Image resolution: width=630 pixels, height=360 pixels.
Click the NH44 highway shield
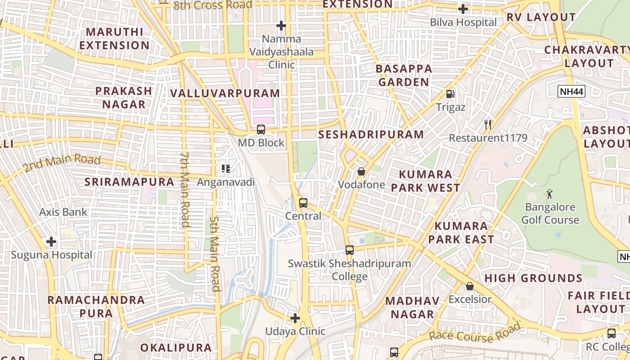click(x=571, y=92)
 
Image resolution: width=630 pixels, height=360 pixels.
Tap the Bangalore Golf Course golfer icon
click(x=549, y=194)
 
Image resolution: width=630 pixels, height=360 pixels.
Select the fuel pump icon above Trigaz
click(x=450, y=94)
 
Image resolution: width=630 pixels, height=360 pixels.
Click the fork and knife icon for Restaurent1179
click(x=488, y=124)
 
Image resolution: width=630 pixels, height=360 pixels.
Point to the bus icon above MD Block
click(x=261, y=130)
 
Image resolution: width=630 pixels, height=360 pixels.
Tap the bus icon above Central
click(x=303, y=203)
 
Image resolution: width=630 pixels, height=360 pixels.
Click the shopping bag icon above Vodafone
click(x=361, y=171)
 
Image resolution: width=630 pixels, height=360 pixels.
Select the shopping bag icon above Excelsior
click(x=470, y=286)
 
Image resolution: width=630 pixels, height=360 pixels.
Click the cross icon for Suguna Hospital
click(x=51, y=242)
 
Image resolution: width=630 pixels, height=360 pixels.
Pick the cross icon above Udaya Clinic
click(x=295, y=319)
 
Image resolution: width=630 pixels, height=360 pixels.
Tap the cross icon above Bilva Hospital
click(x=463, y=9)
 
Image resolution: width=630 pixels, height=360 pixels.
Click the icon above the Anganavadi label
click(x=226, y=169)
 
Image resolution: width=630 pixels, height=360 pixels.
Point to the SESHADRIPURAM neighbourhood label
click(x=371, y=135)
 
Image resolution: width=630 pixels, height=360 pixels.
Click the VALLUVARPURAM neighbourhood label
click(x=225, y=94)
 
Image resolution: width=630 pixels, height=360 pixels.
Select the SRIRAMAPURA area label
click(x=130, y=182)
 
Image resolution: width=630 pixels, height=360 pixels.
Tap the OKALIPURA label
click(x=175, y=348)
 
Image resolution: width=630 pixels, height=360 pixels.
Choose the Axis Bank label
click(x=63, y=212)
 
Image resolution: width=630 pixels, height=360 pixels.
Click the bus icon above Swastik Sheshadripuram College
click(x=350, y=250)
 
